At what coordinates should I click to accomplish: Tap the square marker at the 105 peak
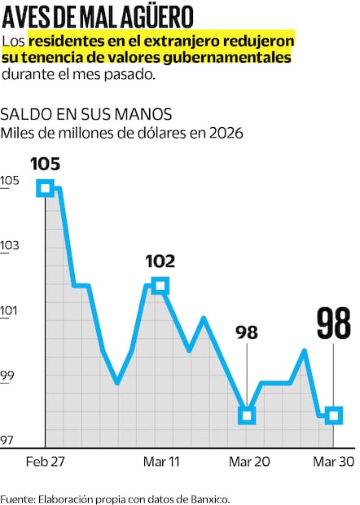pyautogui.click(x=45, y=188)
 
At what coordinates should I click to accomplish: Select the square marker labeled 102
pyautogui.click(x=160, y=285)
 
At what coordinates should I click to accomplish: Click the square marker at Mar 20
pyautogui.click(x=247, y=416)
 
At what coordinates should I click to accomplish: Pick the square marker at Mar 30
pyautogui.click(x=333, y=416)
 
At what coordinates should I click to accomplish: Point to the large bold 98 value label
pyautogui.click(x=333, y=323)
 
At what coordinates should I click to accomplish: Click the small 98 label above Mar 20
pyautogui.click(x=247, y=332)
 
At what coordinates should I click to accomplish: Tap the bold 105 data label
pyautogui.click(x=45, y=164)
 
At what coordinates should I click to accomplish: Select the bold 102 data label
pyautogui.click(x=160, y=261)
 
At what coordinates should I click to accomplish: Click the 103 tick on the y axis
pyautogui.click(x=10, y=245)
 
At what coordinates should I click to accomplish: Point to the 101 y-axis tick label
pyautogui.click(x=10, y=310)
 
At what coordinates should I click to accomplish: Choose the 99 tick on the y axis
pyautogui.click(x=10, y=375)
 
